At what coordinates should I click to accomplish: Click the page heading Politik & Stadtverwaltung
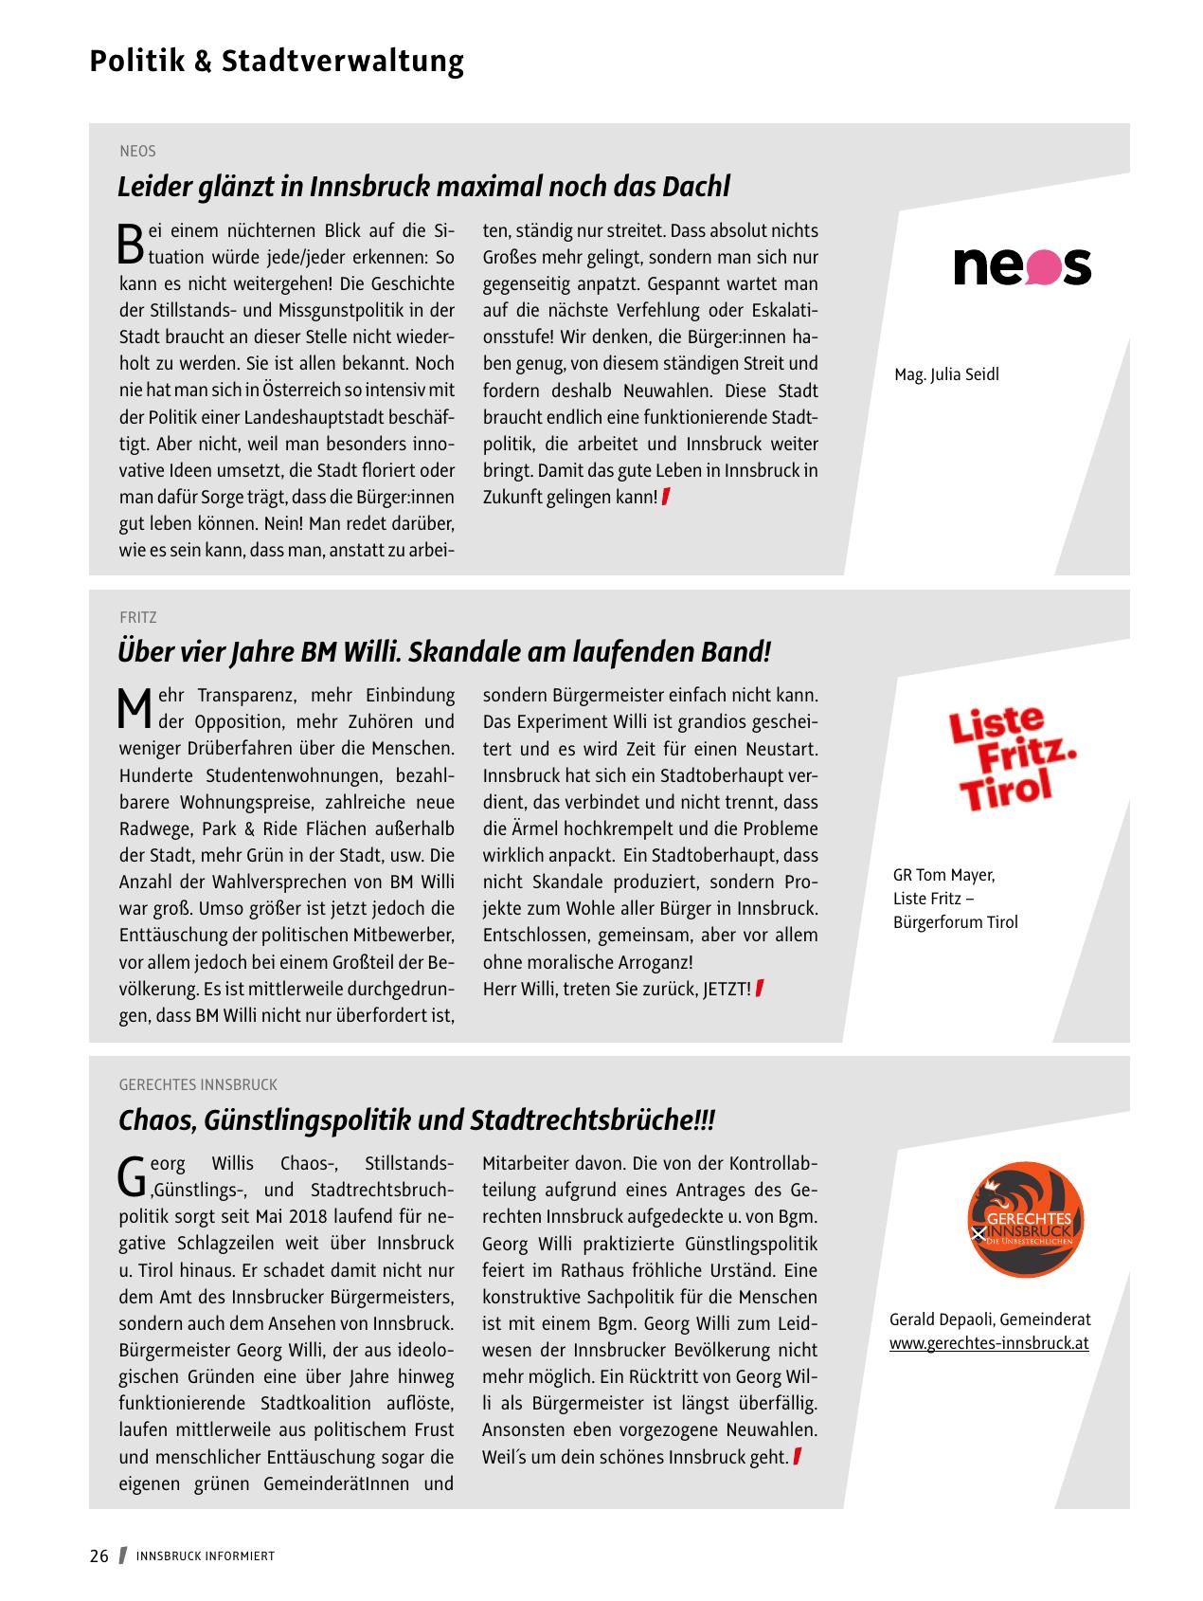[x=277, y=62]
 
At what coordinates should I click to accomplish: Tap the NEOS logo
[x=1021, y=266]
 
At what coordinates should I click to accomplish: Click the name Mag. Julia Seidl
[x=946, y=374]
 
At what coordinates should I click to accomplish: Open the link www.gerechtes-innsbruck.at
[x=989, y=1343]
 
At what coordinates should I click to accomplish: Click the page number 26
[x=99, y=1556]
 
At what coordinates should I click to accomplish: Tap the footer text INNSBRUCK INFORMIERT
[x=206, y=1556]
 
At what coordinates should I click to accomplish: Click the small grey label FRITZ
[x=138, y=617]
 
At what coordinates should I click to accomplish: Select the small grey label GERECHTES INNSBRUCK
[x=198, y=1084]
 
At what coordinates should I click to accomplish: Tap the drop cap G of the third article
[x=131, y=1176]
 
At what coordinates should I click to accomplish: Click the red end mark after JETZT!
[x=760, y=989]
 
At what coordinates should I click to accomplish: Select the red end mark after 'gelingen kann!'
[x=666, y=496]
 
